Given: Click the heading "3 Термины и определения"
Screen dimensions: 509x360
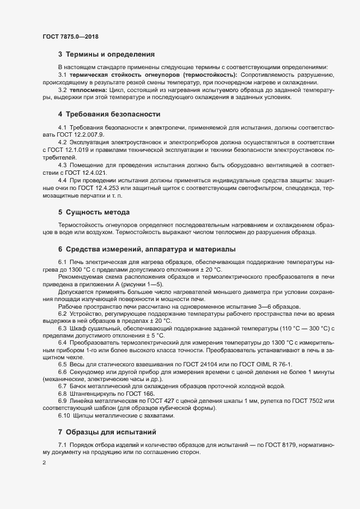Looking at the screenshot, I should (x=106, y=54).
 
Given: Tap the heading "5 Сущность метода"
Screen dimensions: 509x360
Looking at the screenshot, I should (x=94, y=211).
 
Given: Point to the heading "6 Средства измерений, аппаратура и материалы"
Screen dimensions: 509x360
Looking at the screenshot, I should (x=147, y=249).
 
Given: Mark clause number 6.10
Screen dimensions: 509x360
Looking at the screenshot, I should (x=64, y=416).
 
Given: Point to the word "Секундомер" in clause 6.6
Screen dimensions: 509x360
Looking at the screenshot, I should (x=87, y=371).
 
